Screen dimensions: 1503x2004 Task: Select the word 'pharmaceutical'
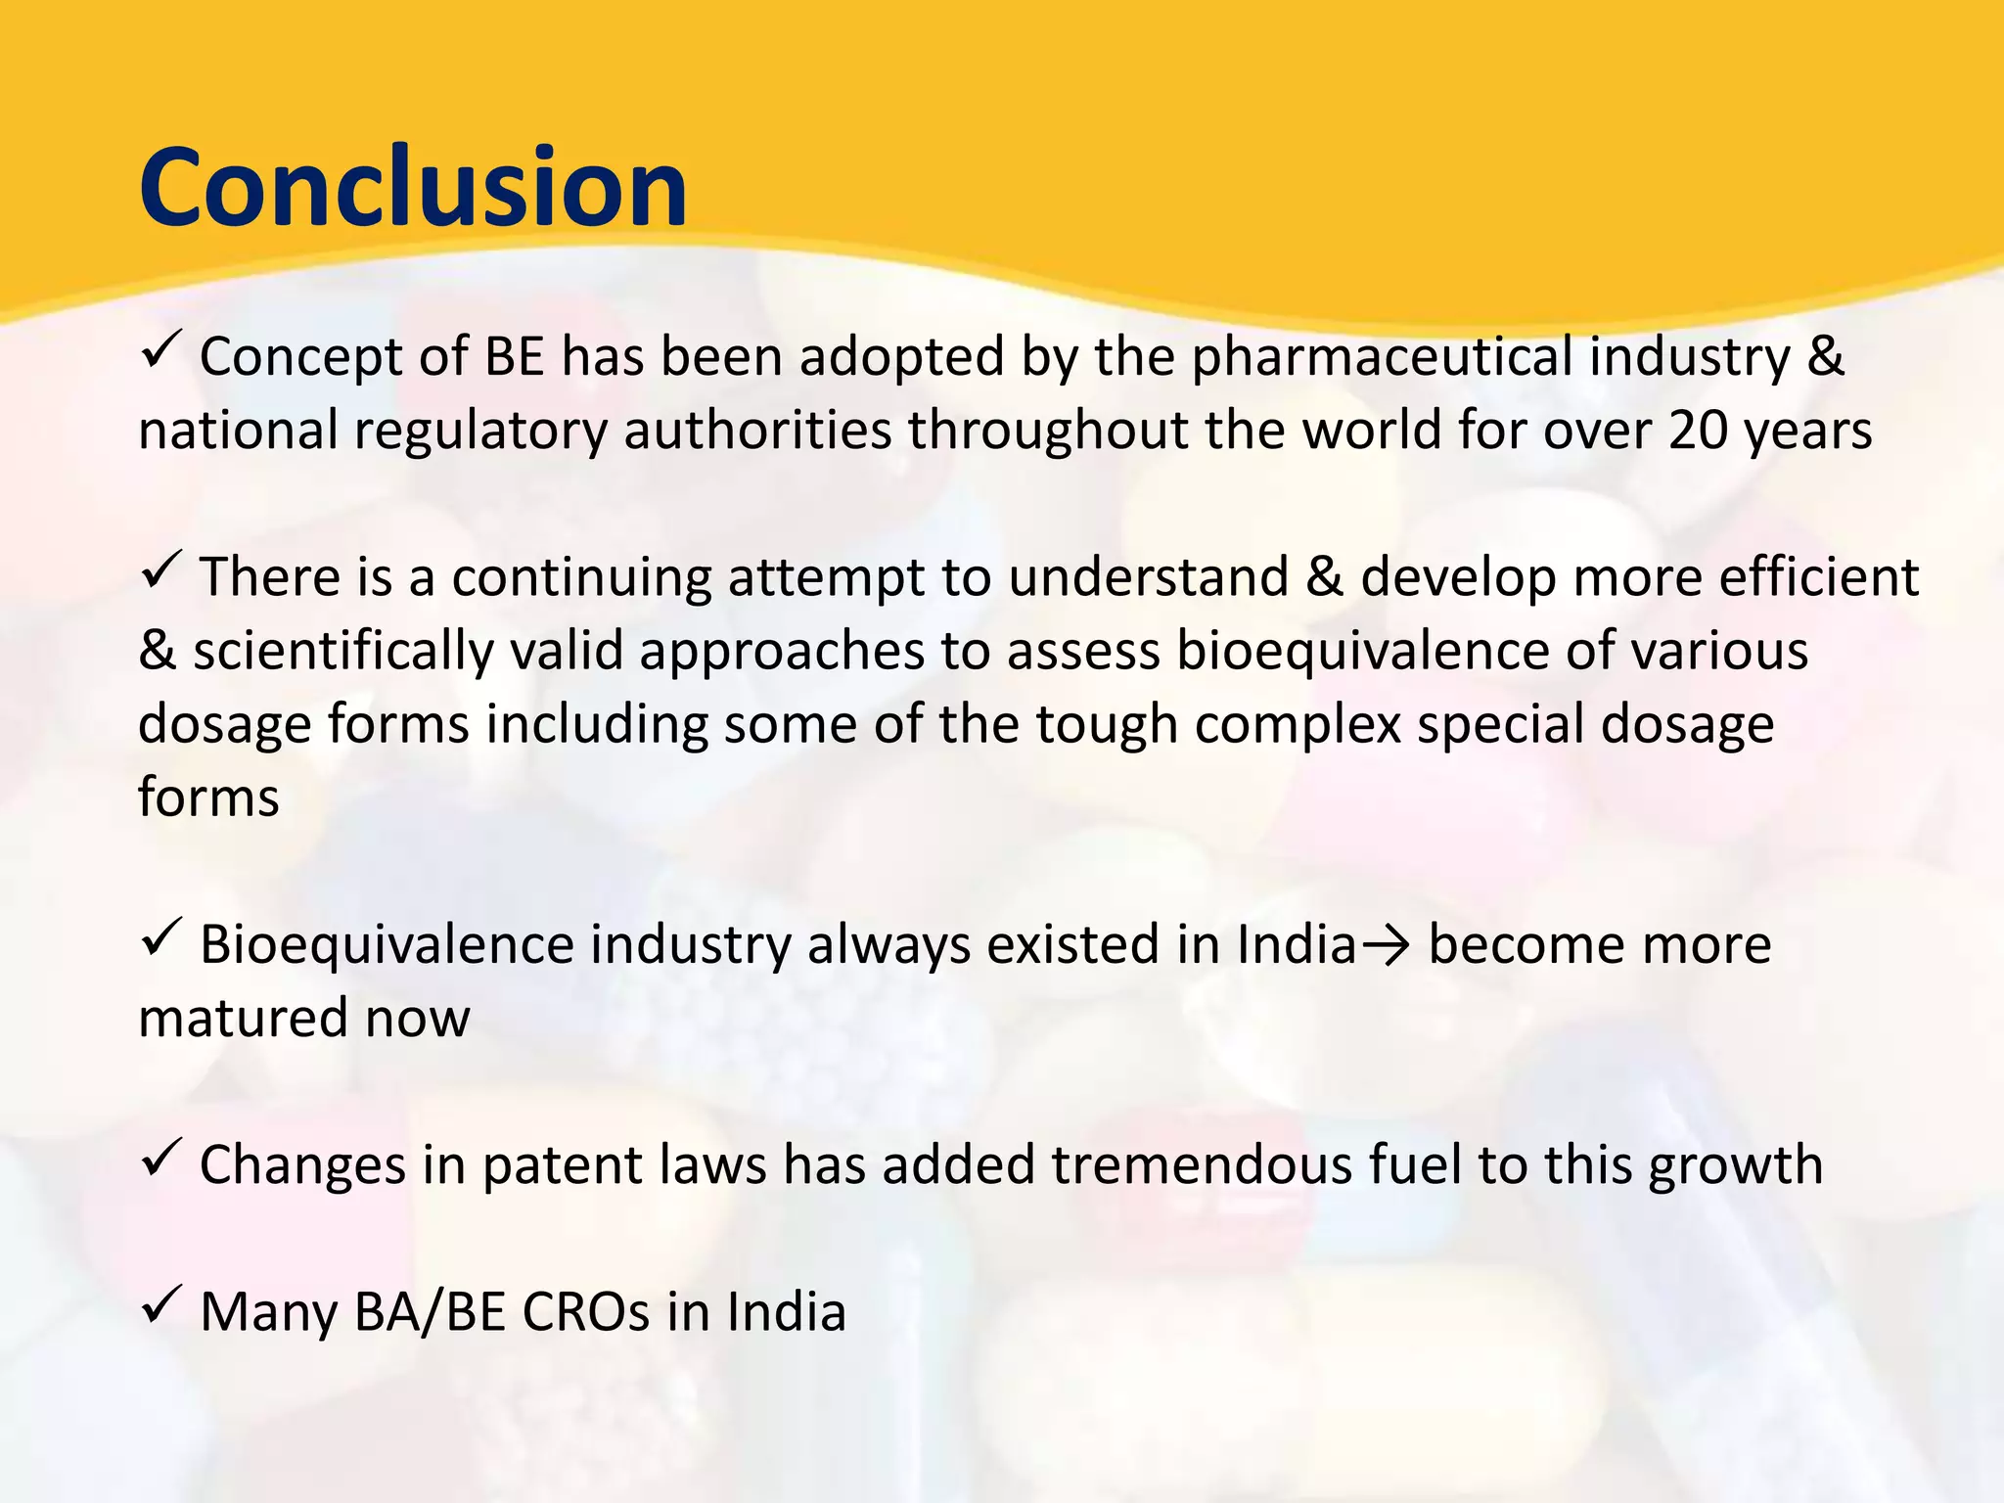(x=1381, y=357)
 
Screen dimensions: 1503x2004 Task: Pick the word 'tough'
(x=1106, y=725)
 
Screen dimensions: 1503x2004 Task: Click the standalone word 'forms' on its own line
(x=208, y=797)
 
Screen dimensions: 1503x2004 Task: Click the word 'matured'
(x=243, y=1018)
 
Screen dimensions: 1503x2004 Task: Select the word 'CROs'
(x=586, y=1312)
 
